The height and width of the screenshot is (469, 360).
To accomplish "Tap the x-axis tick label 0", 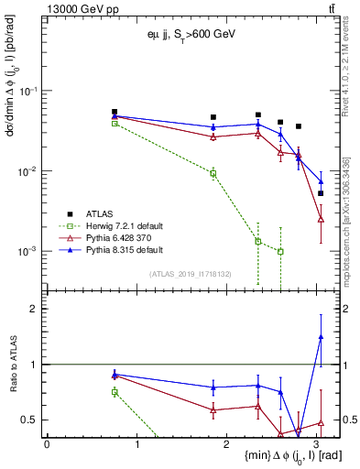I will [47, 444].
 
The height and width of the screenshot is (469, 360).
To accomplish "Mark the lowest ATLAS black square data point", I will [321, 193].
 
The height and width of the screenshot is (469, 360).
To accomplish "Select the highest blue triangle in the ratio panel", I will [321, 337].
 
